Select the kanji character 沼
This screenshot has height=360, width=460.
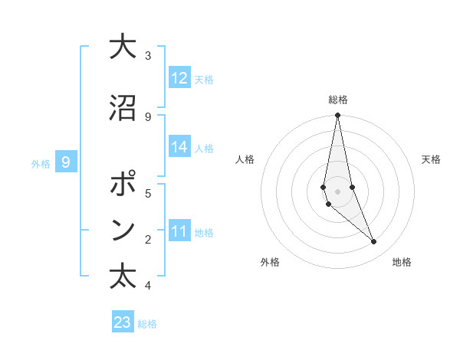(123, 109)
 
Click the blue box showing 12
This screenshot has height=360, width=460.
(179, 78)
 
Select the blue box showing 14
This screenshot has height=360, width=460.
(179, 148)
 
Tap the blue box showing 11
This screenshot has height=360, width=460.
(179, 231)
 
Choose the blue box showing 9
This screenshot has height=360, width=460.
(66, 162)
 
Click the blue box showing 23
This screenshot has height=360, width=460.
(123, 322)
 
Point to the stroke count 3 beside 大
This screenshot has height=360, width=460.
(148, 56)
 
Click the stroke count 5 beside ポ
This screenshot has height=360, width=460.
(148, 193)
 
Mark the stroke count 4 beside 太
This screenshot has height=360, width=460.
(148, 286)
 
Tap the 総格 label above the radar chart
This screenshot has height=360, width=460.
(337, 100)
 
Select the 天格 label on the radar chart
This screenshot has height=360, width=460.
(431, 159)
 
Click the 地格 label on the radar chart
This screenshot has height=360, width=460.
(402, 262)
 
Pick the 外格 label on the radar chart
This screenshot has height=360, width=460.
(270, 262)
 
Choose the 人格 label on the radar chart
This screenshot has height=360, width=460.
(245, 159)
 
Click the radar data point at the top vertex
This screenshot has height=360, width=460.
(337, 116)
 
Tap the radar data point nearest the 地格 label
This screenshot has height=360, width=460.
(374, 242)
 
